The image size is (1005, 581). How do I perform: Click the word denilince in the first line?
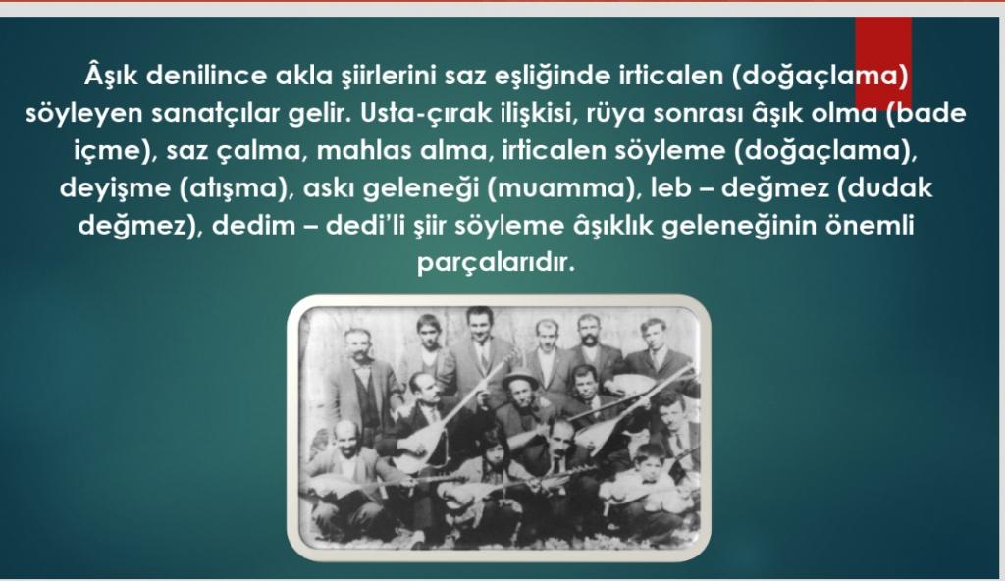205,76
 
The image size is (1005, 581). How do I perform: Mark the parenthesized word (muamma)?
560,188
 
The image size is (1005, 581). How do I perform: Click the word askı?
327,187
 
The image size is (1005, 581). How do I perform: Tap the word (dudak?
885,188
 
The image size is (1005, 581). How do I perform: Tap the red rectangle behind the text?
882,62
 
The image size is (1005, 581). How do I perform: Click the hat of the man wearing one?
520,379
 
